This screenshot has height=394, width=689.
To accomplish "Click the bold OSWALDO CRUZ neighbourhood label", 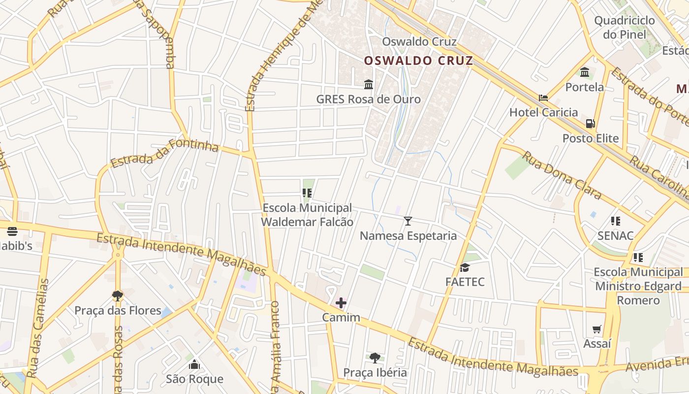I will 418,61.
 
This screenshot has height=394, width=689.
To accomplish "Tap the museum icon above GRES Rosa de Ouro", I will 369,85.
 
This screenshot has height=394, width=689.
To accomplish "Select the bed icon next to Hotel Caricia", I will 543,98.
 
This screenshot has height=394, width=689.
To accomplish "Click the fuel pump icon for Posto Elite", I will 590,124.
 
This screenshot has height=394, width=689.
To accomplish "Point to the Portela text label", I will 584,87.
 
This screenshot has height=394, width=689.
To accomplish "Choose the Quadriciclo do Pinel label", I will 624,28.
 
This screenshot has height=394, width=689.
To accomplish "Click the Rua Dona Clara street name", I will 562,175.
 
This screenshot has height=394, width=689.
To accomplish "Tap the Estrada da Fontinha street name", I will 164,153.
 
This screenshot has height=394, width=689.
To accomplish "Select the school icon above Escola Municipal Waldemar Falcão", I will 307,194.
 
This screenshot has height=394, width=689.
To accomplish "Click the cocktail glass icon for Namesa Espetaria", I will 408,221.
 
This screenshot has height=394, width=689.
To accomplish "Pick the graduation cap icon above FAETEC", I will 465,268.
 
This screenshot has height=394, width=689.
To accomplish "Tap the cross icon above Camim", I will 341,303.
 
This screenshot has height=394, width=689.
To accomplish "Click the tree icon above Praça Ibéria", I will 375,358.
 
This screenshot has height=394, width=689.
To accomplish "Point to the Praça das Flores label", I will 118,311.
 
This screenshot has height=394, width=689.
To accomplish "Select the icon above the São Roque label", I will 194,365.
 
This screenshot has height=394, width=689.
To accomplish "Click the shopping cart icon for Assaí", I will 597,329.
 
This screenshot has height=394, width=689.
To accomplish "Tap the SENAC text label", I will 615,236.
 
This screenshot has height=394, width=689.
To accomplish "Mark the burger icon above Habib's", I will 12,231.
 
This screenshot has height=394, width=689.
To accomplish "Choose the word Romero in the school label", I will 638,300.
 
